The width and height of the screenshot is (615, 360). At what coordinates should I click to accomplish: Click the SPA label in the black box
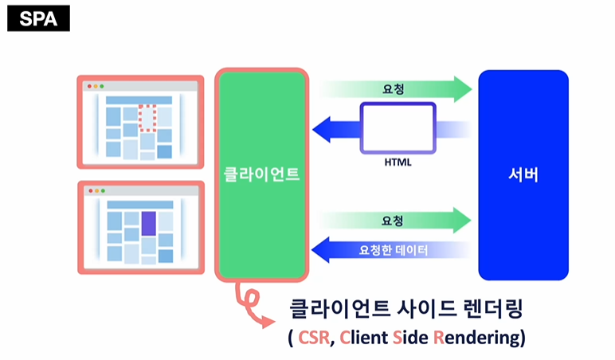pos(38,18)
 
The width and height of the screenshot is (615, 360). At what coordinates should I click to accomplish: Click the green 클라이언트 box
pos(262,174)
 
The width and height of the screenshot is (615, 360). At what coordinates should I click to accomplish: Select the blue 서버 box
pos(523,174)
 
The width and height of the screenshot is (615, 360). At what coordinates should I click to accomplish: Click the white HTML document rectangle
pos(397,127)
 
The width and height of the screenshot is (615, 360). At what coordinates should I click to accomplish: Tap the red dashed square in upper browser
pos(147,118)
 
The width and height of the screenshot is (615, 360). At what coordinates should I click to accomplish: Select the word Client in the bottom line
pos(362,337)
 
